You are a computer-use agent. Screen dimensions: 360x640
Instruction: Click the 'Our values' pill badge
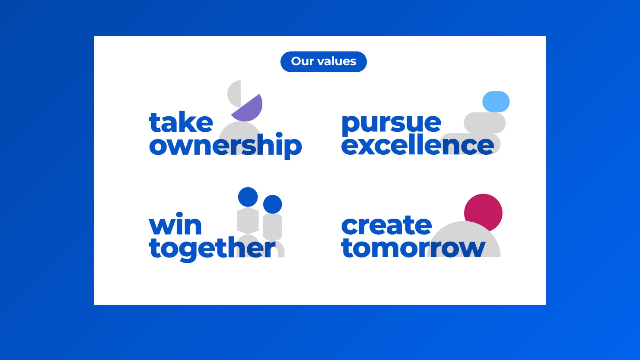[x=323, y=62]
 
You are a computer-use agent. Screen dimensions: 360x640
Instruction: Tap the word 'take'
[x=181, y=123]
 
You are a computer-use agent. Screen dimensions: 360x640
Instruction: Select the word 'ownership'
[x=225, y=145]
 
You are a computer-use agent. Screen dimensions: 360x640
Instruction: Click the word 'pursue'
[x=391, y=123]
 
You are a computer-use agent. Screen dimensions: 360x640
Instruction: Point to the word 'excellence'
[x=417, y=145]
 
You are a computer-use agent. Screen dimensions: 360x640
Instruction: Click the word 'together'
[x=212, y=249]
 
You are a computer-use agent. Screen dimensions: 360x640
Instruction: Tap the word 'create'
[x=387, y=225]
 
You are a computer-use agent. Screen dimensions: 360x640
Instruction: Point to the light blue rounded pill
[x=496, y=101]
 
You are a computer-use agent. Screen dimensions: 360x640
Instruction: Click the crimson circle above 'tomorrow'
[x=483, y=211]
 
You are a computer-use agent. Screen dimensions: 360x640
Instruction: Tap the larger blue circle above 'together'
[x=248, y=197]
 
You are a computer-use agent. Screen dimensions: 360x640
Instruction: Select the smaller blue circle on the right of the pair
[x=273, y=204]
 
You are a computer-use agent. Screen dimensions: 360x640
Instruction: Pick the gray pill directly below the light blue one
[x=485, y=123]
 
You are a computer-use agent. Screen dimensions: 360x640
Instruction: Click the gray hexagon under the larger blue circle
[x=248, y=220]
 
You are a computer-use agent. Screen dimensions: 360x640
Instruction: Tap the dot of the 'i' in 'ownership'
[x=279, y=135]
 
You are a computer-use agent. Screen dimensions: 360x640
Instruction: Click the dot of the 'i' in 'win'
[x=179, y=215]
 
